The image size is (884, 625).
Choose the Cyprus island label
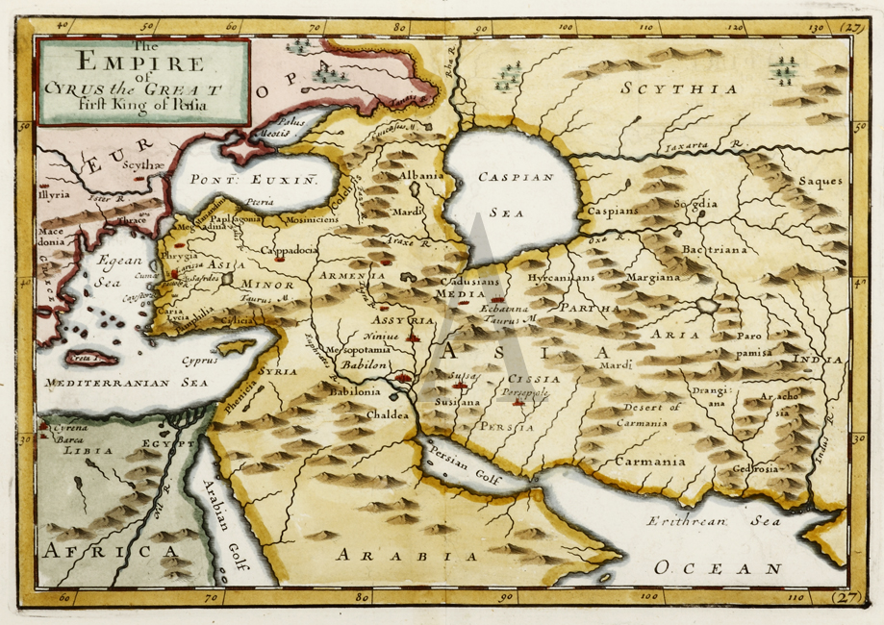(203, 363)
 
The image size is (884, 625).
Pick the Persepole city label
(524, 392)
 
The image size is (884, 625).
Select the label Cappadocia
(288, 250)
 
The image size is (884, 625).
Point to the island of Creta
(88, 359)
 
